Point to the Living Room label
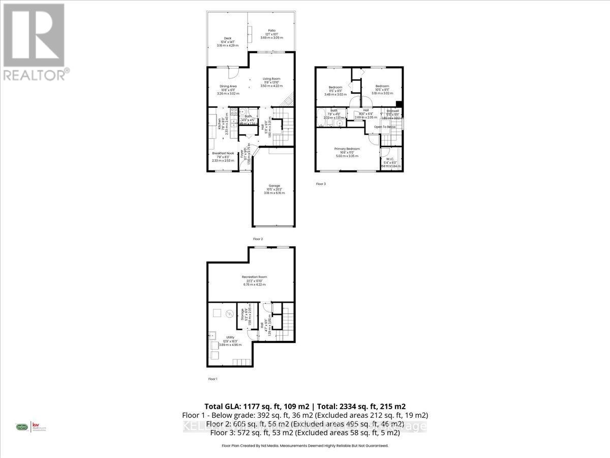[x=271, y=79]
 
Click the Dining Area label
[x=228, y=86]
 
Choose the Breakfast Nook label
[x=223, y=153]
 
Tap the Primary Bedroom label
[x=347, y=149]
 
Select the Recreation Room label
[x=254, y=277]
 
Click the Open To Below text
[x=385, y=126]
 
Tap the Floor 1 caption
[x=212, y=379]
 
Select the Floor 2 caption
[x=258, y=239]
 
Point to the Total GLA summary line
[x=305, y=406]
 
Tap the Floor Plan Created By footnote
[x=305, y=445]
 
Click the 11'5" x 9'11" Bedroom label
[x=335, y=87]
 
